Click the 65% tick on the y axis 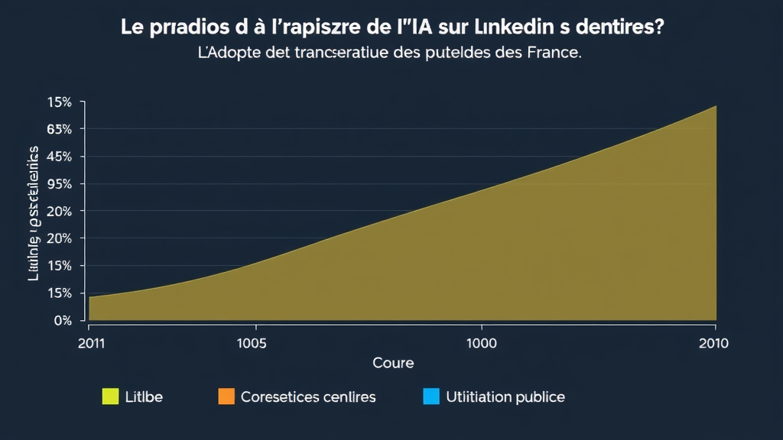[59, 129]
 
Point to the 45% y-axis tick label [59, 157]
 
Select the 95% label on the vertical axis [59, 184]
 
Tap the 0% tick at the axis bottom [62, 320]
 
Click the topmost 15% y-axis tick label [59, 102]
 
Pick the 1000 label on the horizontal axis [481, 343]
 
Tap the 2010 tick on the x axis [713, 343]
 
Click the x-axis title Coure [392, 363]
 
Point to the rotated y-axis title [34, 213]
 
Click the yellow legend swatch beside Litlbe [110, 396]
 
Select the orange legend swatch [226, 396]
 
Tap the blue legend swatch [431, 396]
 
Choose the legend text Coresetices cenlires [307, 397]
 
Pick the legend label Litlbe [145, 397]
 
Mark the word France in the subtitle [549, 55]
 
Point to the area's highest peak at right [716, 106]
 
